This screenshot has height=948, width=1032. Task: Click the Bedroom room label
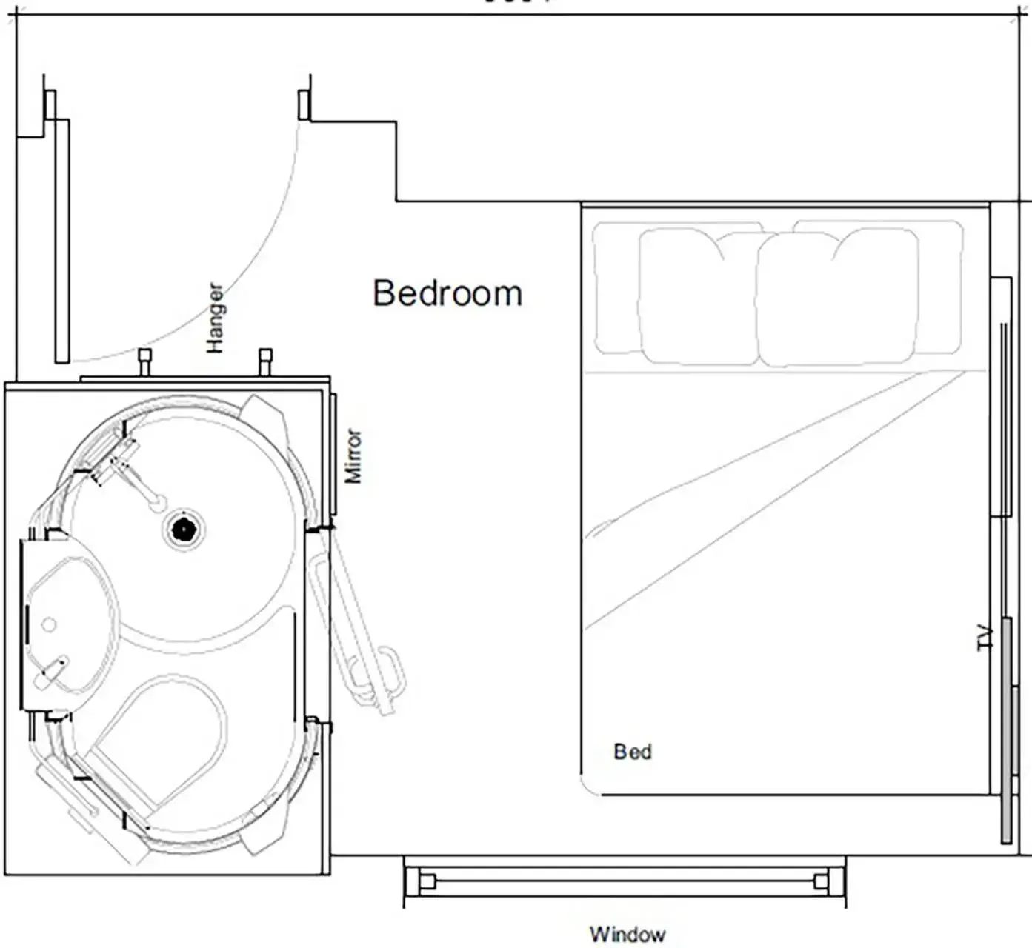click(447, 293)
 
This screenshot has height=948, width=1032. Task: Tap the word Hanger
click(214, 318)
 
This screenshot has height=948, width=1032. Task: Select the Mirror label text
click(353, 455)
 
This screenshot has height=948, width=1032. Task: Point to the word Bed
click(632, 752)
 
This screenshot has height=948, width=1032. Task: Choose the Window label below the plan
click(627, 934)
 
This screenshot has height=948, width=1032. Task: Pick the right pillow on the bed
click(837, 296)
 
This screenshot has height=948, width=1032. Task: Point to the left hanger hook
click(145, 361)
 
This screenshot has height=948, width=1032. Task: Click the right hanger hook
click(265, 361)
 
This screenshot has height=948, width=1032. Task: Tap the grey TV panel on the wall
click(1007, 730)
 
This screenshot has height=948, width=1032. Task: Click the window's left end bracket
click(427, 881)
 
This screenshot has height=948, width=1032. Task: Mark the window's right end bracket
click(821, 881)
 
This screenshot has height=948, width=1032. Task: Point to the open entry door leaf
click(62, 241)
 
